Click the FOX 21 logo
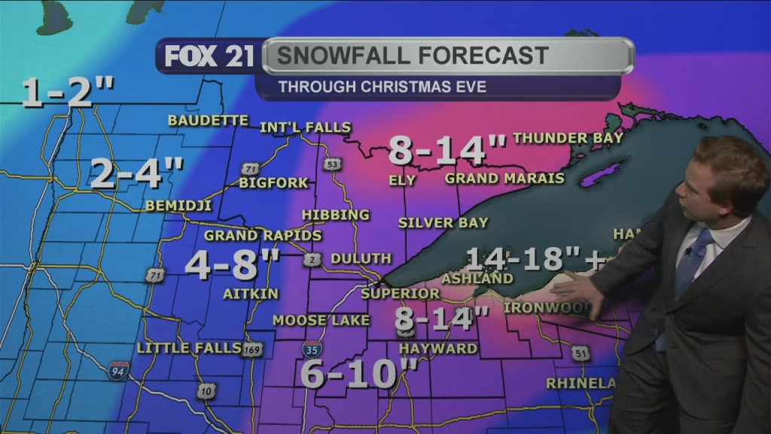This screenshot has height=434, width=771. coord(209,57)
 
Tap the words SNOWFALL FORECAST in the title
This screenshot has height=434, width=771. coord(413,56)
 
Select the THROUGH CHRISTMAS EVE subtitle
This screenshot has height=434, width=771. coord(382,87)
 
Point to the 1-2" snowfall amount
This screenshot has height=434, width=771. coord(68,93)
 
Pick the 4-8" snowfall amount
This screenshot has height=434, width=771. coord(233,264)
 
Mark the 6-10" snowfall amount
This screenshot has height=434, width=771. coord(360,373)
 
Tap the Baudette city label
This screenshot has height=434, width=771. coord(208,121)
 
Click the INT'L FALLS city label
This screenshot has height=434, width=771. coord(305,127)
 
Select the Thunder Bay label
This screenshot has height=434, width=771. coord(568,138)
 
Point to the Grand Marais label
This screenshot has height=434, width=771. coord(504,179)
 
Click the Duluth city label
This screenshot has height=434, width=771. coord(361,258)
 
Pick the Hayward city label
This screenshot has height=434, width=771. coord(438,348)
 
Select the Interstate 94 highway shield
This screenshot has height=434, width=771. coord(118,370)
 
